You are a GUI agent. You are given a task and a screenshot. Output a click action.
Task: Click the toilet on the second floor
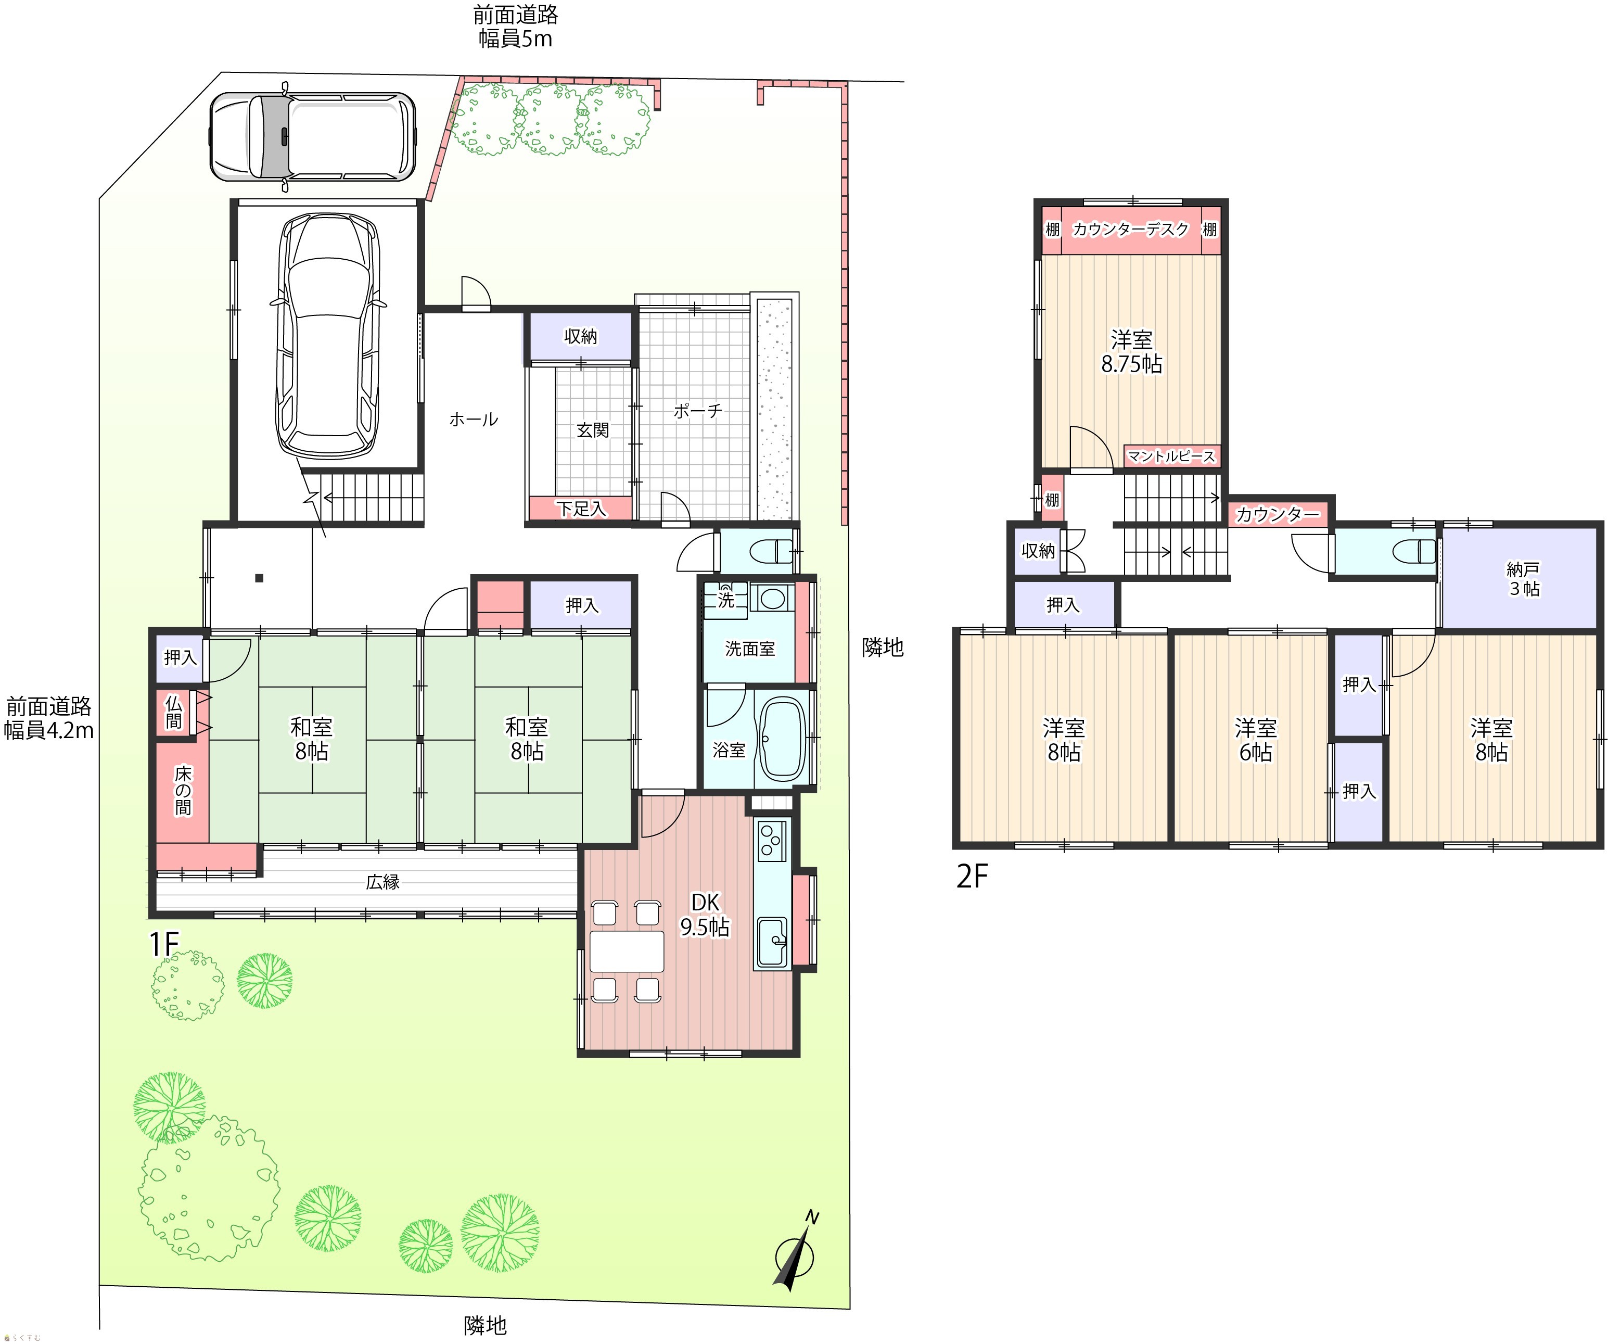1416,551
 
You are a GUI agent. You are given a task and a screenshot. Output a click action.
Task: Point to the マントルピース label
1171,457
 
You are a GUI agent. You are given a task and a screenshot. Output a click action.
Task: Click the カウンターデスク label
1131,229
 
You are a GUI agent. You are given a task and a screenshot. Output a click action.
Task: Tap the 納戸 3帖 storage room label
1523,579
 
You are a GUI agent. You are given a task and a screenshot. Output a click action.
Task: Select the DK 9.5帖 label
705,915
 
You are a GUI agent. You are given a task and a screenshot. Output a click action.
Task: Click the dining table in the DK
627,951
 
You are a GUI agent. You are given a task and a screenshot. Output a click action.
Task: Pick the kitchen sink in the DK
772,943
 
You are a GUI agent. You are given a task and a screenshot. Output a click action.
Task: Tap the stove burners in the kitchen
772,840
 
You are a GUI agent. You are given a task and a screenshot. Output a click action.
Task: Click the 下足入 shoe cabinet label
581,509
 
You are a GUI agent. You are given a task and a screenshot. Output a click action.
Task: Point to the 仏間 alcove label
174,712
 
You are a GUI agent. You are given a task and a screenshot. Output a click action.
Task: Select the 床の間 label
183,790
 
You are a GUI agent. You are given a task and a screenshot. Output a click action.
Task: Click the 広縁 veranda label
383,881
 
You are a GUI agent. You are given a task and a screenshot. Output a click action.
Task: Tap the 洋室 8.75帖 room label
1132,351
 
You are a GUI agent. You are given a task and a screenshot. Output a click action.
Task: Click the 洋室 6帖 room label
1256,740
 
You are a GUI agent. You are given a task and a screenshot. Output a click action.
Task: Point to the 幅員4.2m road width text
49,731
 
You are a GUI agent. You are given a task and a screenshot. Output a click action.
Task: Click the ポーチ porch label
697,411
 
